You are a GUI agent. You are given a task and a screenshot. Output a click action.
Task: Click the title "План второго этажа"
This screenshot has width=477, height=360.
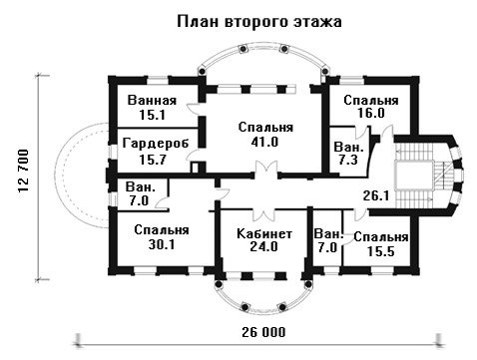[259, 22]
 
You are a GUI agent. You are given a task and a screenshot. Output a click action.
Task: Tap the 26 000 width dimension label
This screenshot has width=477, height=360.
[263, 332]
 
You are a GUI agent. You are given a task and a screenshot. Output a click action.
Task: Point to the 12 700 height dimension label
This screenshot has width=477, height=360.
[24, 171]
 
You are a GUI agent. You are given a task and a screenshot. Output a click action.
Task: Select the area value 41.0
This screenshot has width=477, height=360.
[264, 142]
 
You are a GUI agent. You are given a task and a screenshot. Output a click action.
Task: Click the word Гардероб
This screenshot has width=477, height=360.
[156, 144]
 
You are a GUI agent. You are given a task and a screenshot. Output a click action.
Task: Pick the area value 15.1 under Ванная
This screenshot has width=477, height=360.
[152, 115]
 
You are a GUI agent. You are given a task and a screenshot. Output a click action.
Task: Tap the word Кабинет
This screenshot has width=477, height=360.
[264, 233]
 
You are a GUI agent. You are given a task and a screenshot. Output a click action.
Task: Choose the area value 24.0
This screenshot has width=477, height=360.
[264, 246]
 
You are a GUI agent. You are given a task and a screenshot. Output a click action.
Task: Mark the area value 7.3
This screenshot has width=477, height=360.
[348, 160]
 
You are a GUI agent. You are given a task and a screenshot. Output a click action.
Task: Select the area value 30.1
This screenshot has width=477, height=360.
[162, 244]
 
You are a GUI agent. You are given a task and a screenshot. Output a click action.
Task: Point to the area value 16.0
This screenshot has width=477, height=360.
[371, 113]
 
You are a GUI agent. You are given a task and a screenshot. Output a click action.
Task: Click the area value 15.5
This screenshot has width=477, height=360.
[381, 251]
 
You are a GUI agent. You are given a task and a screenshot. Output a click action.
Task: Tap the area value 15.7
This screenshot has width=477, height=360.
[153, 160]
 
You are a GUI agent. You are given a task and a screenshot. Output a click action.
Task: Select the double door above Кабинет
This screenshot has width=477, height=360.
[263, 212]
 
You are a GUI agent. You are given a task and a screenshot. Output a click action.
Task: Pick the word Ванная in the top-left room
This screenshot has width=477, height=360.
[152, 100]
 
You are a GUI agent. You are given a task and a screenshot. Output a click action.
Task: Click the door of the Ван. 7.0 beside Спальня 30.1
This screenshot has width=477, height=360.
[163, 203]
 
